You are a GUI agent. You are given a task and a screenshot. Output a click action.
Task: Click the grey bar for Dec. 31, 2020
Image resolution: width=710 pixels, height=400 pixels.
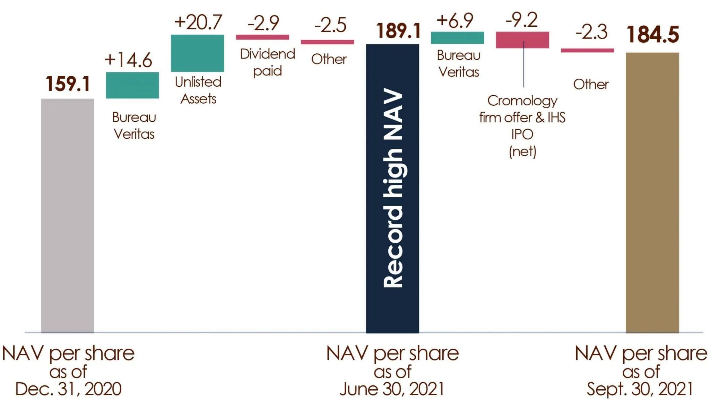point(67,215)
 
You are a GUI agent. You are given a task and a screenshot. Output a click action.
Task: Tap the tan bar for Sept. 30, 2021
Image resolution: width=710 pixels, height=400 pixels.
point(652,192)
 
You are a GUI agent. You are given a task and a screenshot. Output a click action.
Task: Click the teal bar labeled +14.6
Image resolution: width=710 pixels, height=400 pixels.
point(132,85)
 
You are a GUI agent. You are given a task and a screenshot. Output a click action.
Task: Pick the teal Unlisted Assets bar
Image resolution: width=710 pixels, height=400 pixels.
point(197,53)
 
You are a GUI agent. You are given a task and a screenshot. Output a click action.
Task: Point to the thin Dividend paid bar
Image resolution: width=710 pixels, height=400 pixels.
point(262,37)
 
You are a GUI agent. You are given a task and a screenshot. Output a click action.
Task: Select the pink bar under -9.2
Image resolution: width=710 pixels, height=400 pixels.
point(522,40)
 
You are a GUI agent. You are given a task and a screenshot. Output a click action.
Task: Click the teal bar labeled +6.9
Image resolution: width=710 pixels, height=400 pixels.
point(457,38)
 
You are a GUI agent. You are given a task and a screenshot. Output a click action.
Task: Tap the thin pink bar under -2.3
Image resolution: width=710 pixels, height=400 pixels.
point(587,51)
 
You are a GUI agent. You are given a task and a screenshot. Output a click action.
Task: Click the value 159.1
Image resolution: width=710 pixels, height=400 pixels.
point(68,84)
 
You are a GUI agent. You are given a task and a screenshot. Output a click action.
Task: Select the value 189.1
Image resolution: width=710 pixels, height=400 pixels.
point(399,31)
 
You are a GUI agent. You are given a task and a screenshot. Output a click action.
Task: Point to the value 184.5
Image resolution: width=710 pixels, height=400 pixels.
point(652,35)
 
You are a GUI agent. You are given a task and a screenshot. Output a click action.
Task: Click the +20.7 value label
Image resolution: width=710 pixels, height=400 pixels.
point(198,22)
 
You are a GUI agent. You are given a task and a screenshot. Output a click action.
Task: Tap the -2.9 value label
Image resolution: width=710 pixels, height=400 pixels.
point(263,23)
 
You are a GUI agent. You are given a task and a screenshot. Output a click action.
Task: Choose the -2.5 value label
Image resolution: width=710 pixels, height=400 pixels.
point(330,25)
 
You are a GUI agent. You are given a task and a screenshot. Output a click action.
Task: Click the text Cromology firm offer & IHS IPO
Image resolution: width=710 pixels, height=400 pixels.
point(522,117)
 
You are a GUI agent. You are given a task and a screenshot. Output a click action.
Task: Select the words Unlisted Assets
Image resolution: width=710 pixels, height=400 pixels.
point(198,90)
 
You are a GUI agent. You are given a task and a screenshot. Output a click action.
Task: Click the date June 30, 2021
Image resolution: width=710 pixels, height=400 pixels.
point(392,389)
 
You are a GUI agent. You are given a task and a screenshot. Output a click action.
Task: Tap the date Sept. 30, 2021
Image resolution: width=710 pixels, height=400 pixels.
point(640,389)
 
